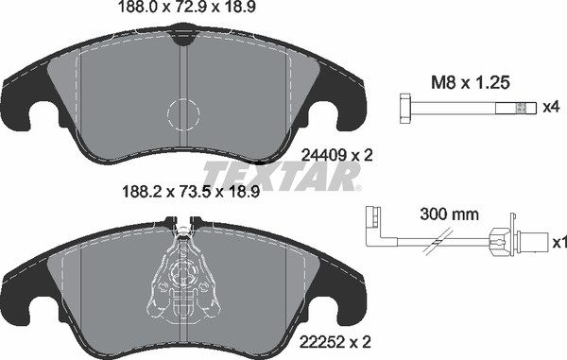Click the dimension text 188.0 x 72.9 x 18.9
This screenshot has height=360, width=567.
point(187,7)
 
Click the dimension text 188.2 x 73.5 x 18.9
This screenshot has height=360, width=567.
point(191,192)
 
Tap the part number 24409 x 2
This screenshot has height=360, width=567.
point(336,156)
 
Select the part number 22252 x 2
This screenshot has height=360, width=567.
point(335,341)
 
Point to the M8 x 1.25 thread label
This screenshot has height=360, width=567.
point(470,83)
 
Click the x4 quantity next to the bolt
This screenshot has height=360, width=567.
point(552,107)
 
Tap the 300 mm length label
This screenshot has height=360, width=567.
point(449,214)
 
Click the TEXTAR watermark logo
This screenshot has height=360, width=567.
point(282,176)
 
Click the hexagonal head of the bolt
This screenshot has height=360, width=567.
point(405,109)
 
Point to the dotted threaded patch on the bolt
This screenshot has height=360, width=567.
point(521,108)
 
